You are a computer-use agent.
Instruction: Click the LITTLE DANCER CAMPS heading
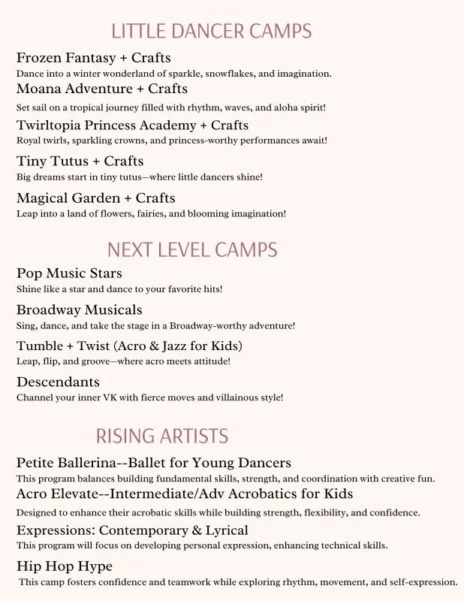tap(211, 32)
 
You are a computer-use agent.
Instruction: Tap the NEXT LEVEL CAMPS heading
tap(192, 249)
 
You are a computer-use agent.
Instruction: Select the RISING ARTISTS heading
tap(162, 436)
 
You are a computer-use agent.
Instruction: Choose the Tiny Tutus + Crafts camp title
tap(80, 162)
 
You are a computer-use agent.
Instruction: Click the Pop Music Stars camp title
tap(69, 273)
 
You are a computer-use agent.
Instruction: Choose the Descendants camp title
tap(58, 382)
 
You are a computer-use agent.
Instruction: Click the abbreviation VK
tap(107, 397)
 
